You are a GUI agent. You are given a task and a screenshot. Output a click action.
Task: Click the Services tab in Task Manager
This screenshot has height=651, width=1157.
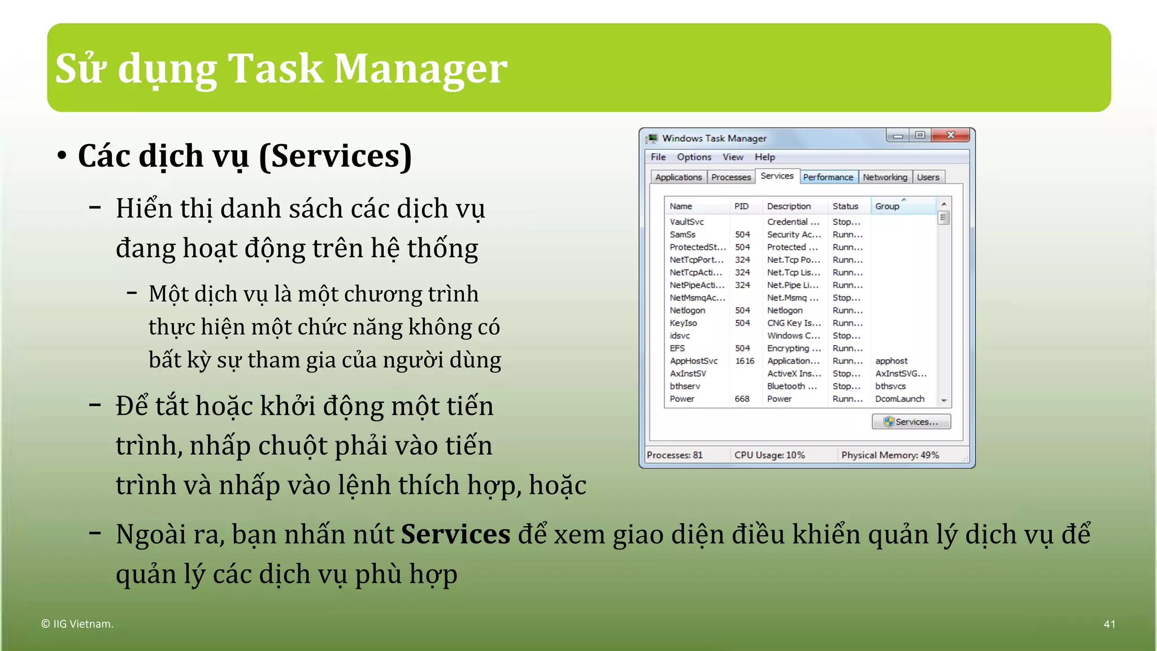[777, 176]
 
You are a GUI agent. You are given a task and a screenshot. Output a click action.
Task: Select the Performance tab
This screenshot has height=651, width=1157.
[828, 177]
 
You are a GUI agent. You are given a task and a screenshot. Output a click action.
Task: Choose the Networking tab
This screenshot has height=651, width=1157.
[885, 177]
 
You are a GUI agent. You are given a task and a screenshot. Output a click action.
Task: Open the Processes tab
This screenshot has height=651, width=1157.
[731, 177]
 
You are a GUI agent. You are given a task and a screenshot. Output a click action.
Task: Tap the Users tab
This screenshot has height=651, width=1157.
[928, 177]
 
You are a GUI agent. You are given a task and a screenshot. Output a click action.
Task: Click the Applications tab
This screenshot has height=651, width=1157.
[678, 177]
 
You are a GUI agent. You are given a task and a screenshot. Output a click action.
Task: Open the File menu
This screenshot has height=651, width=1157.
[658, 157]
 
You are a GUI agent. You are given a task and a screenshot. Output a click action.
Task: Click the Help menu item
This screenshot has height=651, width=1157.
[764, 157]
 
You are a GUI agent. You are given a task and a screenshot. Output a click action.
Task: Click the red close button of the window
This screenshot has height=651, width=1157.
[951, 135]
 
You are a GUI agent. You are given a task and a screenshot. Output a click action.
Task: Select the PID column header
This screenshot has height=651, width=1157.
[741, 206]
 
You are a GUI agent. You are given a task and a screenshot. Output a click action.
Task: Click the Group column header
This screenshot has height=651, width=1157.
[887, 206]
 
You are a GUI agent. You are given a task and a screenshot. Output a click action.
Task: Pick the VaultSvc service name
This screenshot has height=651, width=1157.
[686, 222]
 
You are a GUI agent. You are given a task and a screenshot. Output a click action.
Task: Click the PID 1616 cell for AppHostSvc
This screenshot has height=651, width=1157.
[745, 361]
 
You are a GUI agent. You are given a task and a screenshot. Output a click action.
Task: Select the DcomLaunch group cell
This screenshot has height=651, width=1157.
[899, 399]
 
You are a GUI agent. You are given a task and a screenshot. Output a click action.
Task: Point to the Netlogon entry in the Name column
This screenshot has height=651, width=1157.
[687, 310]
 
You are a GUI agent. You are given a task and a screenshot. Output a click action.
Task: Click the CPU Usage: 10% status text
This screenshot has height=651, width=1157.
[769, 455]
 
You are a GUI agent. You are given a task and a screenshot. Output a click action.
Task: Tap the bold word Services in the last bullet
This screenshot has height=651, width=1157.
[455, 534]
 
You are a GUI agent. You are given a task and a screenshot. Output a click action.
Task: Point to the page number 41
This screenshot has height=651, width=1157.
[1109, 624]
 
